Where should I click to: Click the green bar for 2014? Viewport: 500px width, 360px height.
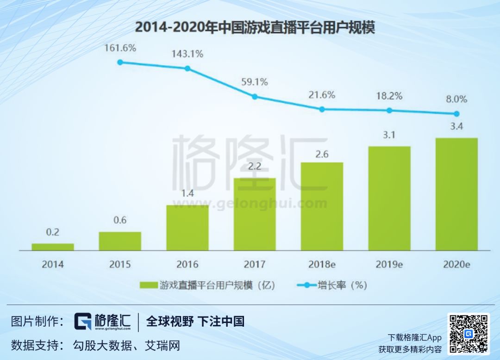coord(53,247)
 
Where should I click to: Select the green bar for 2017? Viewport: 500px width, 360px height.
coord(254,214)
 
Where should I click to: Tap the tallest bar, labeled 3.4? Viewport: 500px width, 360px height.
coord(456,194)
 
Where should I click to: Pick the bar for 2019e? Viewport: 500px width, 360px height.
coord(389,199)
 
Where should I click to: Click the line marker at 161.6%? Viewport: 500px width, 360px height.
coord(120,62)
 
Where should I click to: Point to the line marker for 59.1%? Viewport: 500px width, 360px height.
coord(254,97)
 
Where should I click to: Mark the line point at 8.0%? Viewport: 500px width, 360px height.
coord(456,114)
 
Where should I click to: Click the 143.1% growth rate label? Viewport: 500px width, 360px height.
coord(187,54)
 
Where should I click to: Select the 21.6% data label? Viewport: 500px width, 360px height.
coord(322,95)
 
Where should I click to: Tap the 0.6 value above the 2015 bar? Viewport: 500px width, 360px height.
coord(120,220)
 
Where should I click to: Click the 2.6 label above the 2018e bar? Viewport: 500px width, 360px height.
coord(322,154)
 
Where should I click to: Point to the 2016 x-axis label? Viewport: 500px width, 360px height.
coord(187,265)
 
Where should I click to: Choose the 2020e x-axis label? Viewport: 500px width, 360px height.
coord(456,265)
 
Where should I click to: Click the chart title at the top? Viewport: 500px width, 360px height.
coord(254,28)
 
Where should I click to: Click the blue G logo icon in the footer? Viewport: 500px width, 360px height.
coord(83,322)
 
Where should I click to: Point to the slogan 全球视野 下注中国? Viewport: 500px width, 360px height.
coord(195,322)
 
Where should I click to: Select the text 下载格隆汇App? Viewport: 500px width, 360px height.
coord(414,337)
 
